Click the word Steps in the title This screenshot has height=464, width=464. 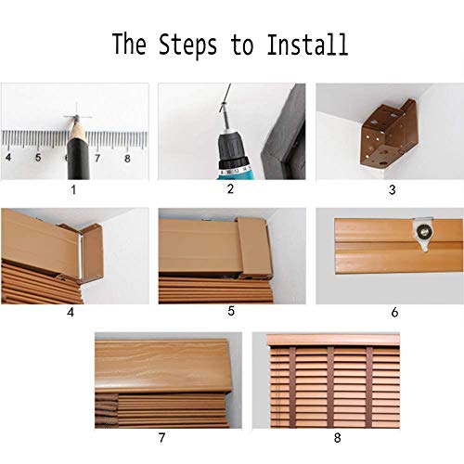pyautogui.click(x=187, y=45)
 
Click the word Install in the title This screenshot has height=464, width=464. pyautogui.click(x=307, y=45)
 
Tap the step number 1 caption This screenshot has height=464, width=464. pyautogui.click(x=73, y=189)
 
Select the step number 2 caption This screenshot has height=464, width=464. pyautogui.click(x=230, y=188)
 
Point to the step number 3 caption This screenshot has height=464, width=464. pyautogui.click(x=393, y=189)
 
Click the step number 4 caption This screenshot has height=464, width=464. pyautogui.click(x=71, y=313)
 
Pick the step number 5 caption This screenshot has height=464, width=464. pyautogui.click(x=231, y=311)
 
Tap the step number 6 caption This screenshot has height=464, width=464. pyautogui.click(x=394, y=313)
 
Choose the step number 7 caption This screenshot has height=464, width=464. pyautogui.click(x=161, y=438)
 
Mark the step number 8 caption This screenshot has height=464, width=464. pyautogui.click(x=338, y=438)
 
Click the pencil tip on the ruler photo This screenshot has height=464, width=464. pyautogui.click(x=77, y=118)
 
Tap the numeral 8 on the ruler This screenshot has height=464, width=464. pyautogui.click(x=127, y=159)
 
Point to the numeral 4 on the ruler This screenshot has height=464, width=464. pyautogui.click(x=8, y=157)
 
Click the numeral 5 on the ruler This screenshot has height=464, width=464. pyautogui.click(x=38, y=158)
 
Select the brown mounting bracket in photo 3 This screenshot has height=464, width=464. pyautogui.click(x=389, y=133)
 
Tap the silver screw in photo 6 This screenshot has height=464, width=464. pyautogui.click(x=421, y=230)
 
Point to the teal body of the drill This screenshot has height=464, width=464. pyautogui.click(x=236, y=174)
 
